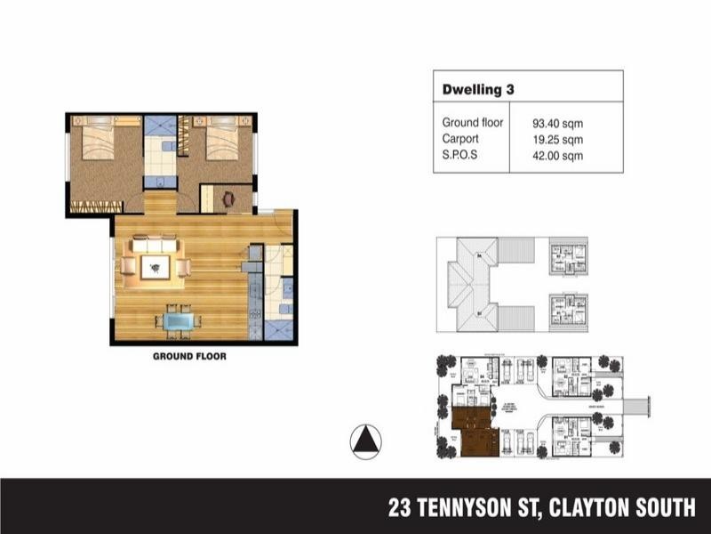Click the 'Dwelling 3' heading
pos(478,90)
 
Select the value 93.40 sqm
pos(557,124)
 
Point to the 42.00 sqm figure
pos(557,156)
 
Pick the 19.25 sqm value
pos(557,140)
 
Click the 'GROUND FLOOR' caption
pos(189,357)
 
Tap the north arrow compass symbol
pos(365,441)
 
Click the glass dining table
pos(179,319)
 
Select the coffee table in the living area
pos(156,266)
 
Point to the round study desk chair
pos(228,198)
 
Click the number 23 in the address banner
pos(401,508)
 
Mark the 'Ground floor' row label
pos(473,124)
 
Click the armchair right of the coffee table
pos(183,266)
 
